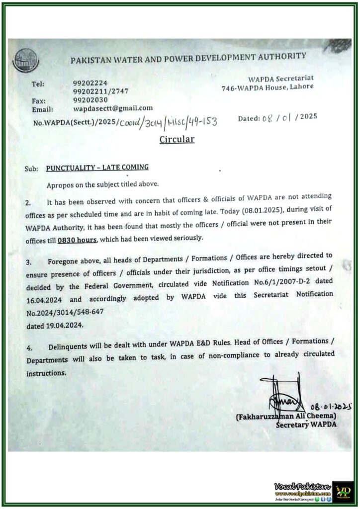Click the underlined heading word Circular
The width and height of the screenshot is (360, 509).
(x=177, y=139)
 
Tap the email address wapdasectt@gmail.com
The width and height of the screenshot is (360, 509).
(x=113, y=108)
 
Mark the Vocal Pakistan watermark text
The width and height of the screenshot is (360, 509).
(x=302, y=486)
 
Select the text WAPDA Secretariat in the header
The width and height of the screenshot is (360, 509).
(x=280, y=78)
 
